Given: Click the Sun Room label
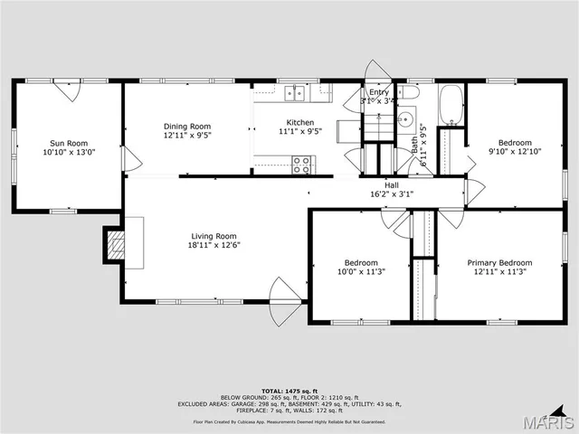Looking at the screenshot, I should [68, 143].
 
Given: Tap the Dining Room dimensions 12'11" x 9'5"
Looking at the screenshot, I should [187, 136].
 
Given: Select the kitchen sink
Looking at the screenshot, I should [294, 92].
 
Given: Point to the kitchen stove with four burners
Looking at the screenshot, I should [301, 165].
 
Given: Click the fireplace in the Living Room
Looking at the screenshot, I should [114, 244].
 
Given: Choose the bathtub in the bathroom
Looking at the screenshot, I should [450, 106].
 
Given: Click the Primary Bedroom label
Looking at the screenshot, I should [499, 263].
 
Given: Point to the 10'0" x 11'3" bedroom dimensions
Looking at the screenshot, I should [361, 272].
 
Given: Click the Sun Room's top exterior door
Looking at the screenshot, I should [68, 90].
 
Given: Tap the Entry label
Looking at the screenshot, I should [378, 92].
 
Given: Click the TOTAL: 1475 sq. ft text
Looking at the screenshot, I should [289, 391].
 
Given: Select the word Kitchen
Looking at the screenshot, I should [300, 122].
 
